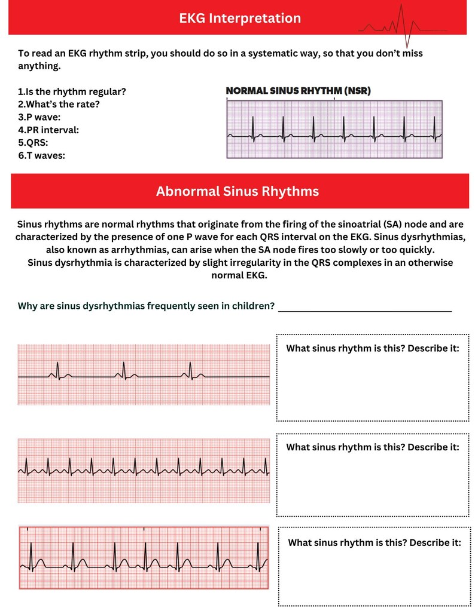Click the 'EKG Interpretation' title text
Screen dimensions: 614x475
(x=240, y=19)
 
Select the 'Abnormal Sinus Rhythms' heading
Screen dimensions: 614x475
(x=237, y=192)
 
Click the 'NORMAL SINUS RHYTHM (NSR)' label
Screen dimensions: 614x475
(x=298, y=91)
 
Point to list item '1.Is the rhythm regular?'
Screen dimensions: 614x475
(x=72, y=91)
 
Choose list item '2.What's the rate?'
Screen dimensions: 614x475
(x=59, y=104)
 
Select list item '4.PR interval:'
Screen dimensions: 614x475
(x=48, y=130)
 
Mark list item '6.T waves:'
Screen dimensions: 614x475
(x=41, y=155)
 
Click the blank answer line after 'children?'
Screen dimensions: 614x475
(x=364, y=308)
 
